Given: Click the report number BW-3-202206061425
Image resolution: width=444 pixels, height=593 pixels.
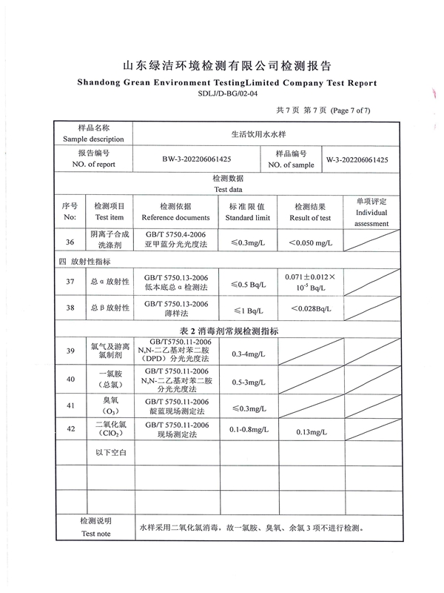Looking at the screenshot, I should tap(196, 159).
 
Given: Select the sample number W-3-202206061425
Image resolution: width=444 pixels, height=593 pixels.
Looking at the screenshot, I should tap(357, 159).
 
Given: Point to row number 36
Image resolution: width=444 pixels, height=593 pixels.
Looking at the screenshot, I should tap(70, 242).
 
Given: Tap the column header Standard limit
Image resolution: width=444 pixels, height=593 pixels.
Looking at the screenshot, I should tap(247, 218).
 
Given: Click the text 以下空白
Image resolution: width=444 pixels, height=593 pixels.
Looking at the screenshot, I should tap(112, 451).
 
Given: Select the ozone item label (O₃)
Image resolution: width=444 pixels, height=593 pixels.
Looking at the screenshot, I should tap(111, 411).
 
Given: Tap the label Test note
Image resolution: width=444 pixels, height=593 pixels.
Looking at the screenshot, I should tap(96, 534).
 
